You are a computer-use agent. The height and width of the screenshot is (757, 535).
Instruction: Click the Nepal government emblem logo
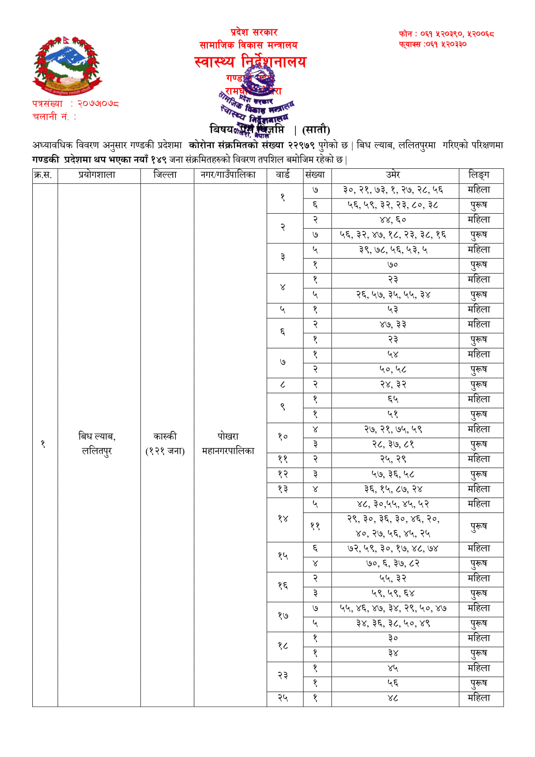67,66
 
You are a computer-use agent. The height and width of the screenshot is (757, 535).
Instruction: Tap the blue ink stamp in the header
257,104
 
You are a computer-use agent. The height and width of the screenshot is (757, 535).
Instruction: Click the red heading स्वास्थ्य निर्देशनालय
250,62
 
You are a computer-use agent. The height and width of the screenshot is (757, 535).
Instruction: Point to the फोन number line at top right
446,34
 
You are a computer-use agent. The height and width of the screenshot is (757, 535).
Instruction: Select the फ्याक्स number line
432,44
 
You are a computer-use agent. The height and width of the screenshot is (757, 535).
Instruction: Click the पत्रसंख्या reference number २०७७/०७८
98,104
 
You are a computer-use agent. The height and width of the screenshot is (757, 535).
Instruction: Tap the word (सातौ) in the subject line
316,129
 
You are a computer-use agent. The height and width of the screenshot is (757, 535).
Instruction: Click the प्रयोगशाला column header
97,175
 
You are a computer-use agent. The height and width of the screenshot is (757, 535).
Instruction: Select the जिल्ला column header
165,175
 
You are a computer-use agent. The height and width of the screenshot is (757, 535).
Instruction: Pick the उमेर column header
393,175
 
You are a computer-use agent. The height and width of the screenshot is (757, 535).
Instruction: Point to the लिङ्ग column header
479,175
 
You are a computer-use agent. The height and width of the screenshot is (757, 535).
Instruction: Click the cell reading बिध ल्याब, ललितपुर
97,444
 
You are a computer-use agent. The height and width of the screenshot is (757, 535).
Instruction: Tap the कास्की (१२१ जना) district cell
165,444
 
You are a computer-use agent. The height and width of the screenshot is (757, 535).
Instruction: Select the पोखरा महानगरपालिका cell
228,444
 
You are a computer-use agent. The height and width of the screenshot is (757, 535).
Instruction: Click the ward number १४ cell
283,519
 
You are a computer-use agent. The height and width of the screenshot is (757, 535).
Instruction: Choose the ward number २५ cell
283,698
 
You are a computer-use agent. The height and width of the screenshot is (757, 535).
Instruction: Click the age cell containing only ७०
393,265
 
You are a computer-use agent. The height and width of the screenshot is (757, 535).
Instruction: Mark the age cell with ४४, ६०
393,220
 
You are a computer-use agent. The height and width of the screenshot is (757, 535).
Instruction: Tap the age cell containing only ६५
393,399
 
